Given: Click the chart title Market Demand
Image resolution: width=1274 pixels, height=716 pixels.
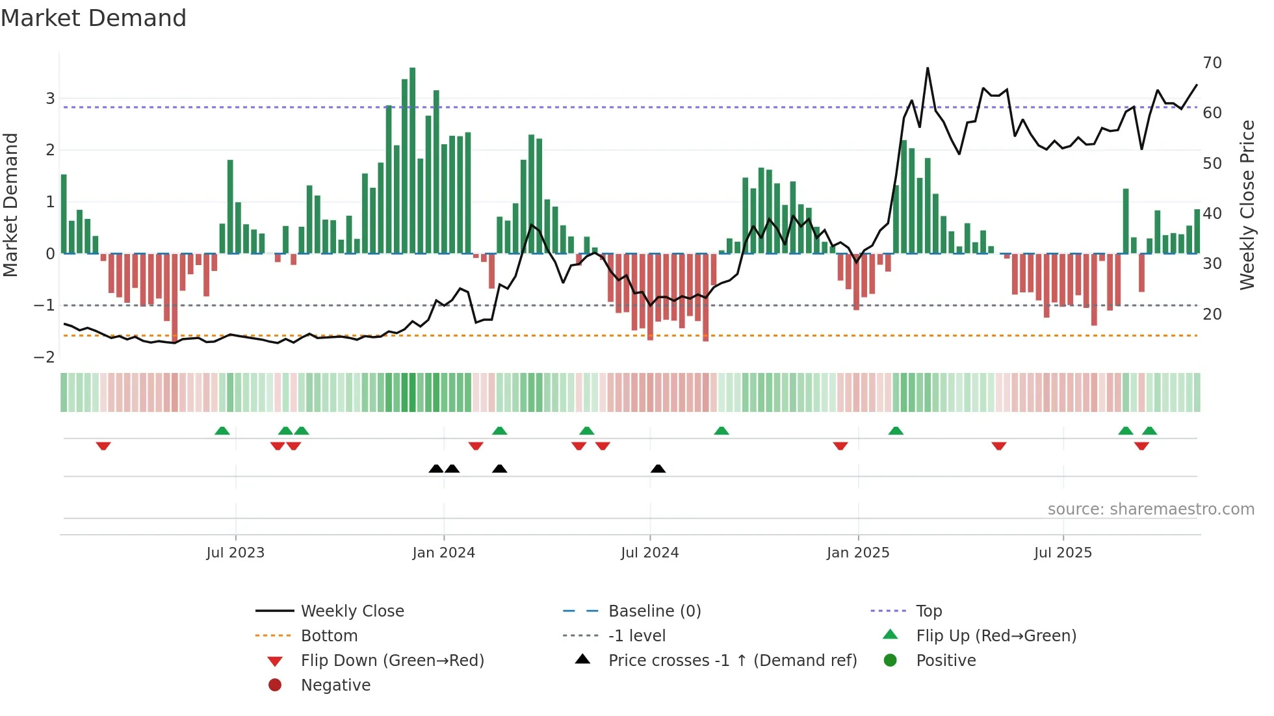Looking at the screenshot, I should pyautogui.click(x=94, y=18).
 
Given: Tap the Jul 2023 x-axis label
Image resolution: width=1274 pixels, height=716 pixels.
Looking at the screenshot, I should pyautogui.click(x=235, y=553).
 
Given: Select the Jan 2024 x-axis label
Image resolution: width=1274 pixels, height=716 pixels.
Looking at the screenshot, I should pyautogui.click(x=443, y=553).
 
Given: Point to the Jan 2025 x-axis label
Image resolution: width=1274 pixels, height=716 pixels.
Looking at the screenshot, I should pyautogui.click(x=857, y=553).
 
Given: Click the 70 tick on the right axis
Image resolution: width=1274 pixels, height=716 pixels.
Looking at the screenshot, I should pyautogui.click(x=1212, y=63).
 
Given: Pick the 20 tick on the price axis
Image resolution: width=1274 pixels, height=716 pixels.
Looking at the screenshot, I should pyautogui.click(x=1212, y=314).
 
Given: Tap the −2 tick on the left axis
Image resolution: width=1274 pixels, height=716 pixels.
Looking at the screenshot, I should pyautogui.click(x=44, y=357).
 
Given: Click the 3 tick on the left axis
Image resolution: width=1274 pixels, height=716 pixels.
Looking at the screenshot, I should pyautogui.click(x=50, y=99).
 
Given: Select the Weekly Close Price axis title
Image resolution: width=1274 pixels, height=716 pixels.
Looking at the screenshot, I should pyautogui.click(x=1247, y=205).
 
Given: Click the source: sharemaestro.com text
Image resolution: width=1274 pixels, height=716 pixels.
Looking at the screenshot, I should pyautogui.click(x=1150, y=509).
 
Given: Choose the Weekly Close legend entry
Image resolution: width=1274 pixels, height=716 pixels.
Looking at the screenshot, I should pyautogui.click(x=352, y=611).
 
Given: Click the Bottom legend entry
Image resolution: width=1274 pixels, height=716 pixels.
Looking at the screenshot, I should pyautogui.click(x=329, y=636).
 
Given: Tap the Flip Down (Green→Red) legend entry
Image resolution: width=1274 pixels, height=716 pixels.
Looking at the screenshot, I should pyautogui.click(x=392, y=661).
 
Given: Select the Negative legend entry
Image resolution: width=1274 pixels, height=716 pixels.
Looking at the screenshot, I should pyautogui.click(x=335, y=685).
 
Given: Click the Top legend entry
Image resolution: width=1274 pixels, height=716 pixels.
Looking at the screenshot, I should pyautogui.click(x=928, y=611).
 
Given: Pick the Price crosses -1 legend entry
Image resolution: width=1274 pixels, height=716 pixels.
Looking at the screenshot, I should pyautogui.click(x=732, y=661).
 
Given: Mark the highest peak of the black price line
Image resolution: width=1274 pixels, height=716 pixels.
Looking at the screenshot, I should pyautogui.click(x=928, y=68).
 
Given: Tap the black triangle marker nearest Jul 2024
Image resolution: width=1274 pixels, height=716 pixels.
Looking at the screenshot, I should pyautogui.click(x=658, y=469).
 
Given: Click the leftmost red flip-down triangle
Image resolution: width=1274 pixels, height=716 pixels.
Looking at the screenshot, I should pyautogui.click(x=103, y=446).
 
